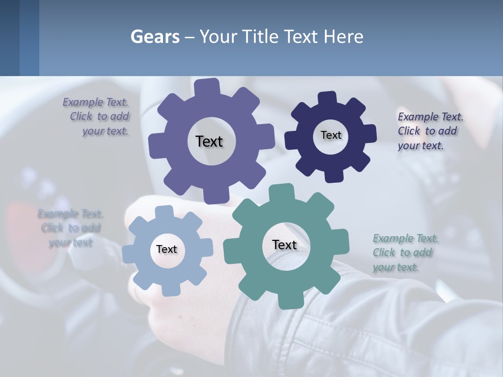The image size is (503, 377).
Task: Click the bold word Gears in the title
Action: (x=155, y=37)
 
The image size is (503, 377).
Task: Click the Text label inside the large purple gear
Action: (x=210, y=141)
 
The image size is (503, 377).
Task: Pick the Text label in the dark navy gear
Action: (x=331, y=135)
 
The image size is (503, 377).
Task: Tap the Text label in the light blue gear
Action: (x=167, y=249)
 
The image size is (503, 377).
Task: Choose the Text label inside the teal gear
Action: (x=285, y=245)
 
